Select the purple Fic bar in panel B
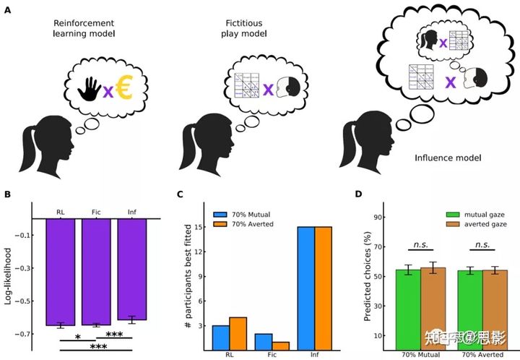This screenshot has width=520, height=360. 96,271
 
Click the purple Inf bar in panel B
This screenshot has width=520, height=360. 131,268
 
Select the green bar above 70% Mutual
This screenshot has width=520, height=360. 408,310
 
